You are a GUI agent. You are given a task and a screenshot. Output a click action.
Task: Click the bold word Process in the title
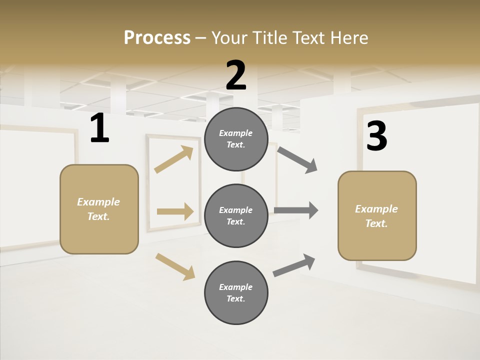(157, 37)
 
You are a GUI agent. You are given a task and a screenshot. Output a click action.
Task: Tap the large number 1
(99, 128)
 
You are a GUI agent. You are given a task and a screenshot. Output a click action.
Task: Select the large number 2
(236, 75)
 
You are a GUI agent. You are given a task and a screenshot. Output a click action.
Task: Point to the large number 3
(377, 136)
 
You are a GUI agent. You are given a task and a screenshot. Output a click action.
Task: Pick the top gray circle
(236, 139)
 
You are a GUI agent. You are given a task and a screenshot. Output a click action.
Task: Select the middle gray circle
(236, 215)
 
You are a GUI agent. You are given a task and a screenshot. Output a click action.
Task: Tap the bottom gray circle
(236, 292)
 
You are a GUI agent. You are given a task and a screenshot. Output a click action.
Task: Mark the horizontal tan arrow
(175, 211)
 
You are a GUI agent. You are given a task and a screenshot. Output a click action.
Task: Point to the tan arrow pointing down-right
(175, 266)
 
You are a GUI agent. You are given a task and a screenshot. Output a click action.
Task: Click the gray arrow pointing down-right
(297, 160)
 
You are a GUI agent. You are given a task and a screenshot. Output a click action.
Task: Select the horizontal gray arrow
(296, 210)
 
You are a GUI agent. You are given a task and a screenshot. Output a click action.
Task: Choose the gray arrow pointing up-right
(294, 265)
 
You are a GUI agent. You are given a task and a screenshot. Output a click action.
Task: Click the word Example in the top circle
(236, 133)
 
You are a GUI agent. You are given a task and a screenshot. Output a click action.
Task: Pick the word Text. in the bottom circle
(236, 298)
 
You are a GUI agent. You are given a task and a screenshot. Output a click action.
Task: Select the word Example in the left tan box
(98, 201)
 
